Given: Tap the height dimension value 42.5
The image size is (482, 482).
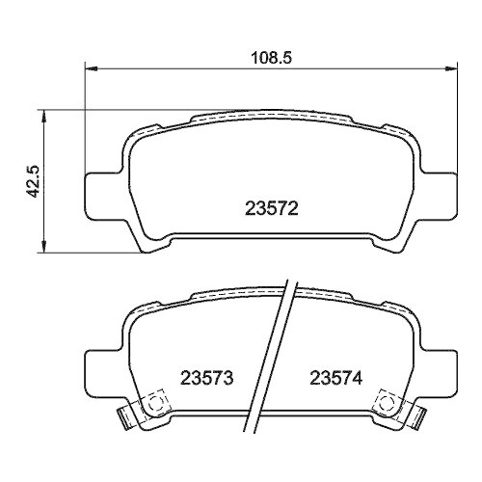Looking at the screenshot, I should (33, 180).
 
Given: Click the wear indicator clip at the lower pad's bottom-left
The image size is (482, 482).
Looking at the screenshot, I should (124, 416).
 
